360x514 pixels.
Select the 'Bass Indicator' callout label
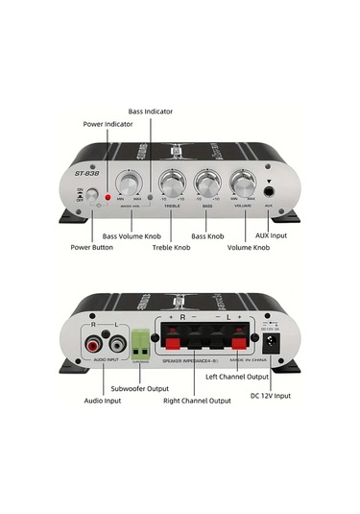pos(151,111)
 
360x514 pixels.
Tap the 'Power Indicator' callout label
pos(107,124)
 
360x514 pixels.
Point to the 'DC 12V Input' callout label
pos(271,396)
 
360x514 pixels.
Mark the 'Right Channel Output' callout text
pos(195,400)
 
